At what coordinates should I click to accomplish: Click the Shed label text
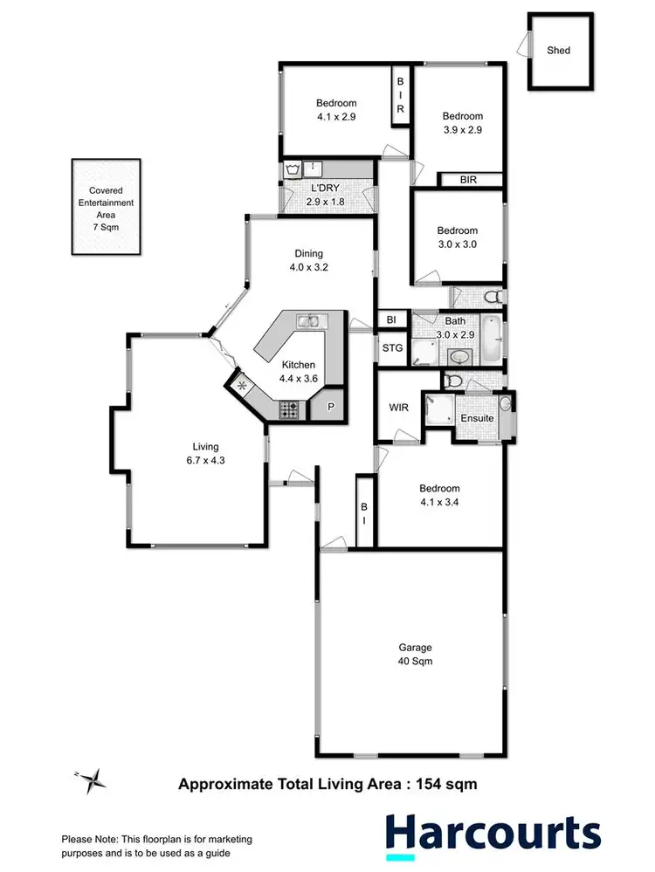click(x=559, y=51)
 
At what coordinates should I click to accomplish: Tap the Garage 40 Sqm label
click(x=416, y=655)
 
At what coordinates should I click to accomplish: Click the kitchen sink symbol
click(x=307, y=321)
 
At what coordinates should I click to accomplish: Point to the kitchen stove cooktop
click(x=289, y=408)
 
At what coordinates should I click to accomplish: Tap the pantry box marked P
click(x=333, y=408)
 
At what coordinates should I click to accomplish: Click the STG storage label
click(x=392, y=349)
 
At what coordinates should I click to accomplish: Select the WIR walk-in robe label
click(x=399, y=408)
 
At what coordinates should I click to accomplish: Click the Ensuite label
click(x=477, y=418)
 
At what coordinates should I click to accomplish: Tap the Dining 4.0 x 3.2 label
click(x=311, y=261)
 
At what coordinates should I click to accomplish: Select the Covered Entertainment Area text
click(x=105, y=208)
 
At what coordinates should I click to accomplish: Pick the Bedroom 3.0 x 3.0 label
click(x=458, y=237)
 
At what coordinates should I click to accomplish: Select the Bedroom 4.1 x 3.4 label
click(x=438, y=496)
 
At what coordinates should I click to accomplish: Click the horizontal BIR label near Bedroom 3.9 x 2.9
click(x=470, y=180)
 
